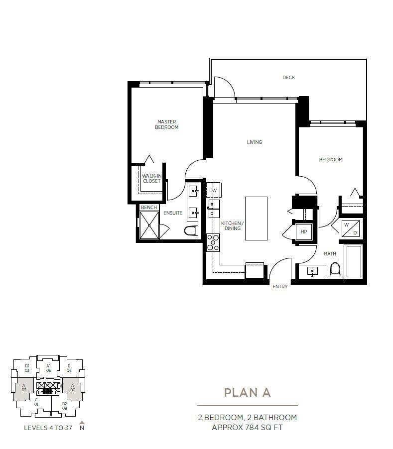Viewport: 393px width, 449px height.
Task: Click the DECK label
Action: pyautogui.click(x=288, y=77)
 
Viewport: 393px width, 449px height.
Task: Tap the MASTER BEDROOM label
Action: pyautogui.click(x=166, y=124)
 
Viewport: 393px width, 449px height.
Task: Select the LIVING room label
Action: pyautogui.click(x=254, y=142)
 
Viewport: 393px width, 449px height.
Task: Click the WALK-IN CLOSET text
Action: pyautogui.click(x=151, y=178)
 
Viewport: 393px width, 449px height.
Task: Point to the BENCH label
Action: pyautogui.click(x=148, y=208)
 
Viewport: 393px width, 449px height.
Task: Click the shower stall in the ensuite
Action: pyautogui.click(x=149, y=225)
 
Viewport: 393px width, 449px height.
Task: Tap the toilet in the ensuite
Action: pyautogui.click(x=191, y=230)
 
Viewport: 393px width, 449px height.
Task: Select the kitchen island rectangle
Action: pyautogui.click(x=256, y=218)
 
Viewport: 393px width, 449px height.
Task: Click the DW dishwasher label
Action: pyautogui.click(x=213, y=191)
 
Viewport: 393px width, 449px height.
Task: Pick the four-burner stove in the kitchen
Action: pyautogui.click(x=213, y=242)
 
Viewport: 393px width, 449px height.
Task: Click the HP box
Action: pyautogui.click(x=303, y=232)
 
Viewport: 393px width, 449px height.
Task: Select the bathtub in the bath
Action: pyautogui.click(x=354, y=261)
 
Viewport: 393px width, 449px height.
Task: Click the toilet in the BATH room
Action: pyautogui.click(x=335, y=269)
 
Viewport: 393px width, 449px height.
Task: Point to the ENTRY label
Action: pyautogui.click(x=279, y=287)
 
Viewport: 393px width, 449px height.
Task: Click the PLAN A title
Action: pyautogui.click(x=247, y=393)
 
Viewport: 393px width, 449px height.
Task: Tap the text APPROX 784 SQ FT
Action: pyautogui.click(x=247, y=427)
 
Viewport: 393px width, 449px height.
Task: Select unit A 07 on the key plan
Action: pyautogui.click(x=72, y=387)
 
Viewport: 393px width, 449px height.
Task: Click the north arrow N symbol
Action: pyautogui.click(x=82, y=426)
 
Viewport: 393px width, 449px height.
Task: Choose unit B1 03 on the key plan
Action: pyautogui.click(x=27, y=368)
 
